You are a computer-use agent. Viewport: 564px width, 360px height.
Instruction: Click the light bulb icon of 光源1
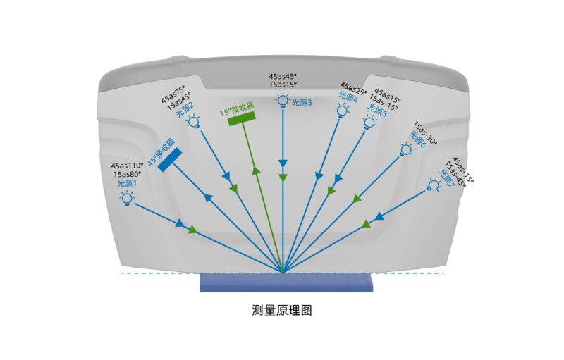click(127, 198)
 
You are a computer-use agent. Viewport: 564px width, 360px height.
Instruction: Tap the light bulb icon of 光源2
click(192, 121)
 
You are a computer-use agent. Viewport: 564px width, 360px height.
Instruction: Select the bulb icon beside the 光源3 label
click(282, 101)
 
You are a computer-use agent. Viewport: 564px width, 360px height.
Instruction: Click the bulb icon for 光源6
click(406, 149)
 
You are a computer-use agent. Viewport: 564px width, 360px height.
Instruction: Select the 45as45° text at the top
click(283, 76)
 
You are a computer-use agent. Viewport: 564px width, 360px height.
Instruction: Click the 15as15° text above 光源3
click(283, 85)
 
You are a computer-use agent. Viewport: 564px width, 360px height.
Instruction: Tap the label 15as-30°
click(425, 132)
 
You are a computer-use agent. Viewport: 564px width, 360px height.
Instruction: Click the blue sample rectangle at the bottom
click(286, 283)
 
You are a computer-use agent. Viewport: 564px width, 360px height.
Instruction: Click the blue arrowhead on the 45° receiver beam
click(209, 198)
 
